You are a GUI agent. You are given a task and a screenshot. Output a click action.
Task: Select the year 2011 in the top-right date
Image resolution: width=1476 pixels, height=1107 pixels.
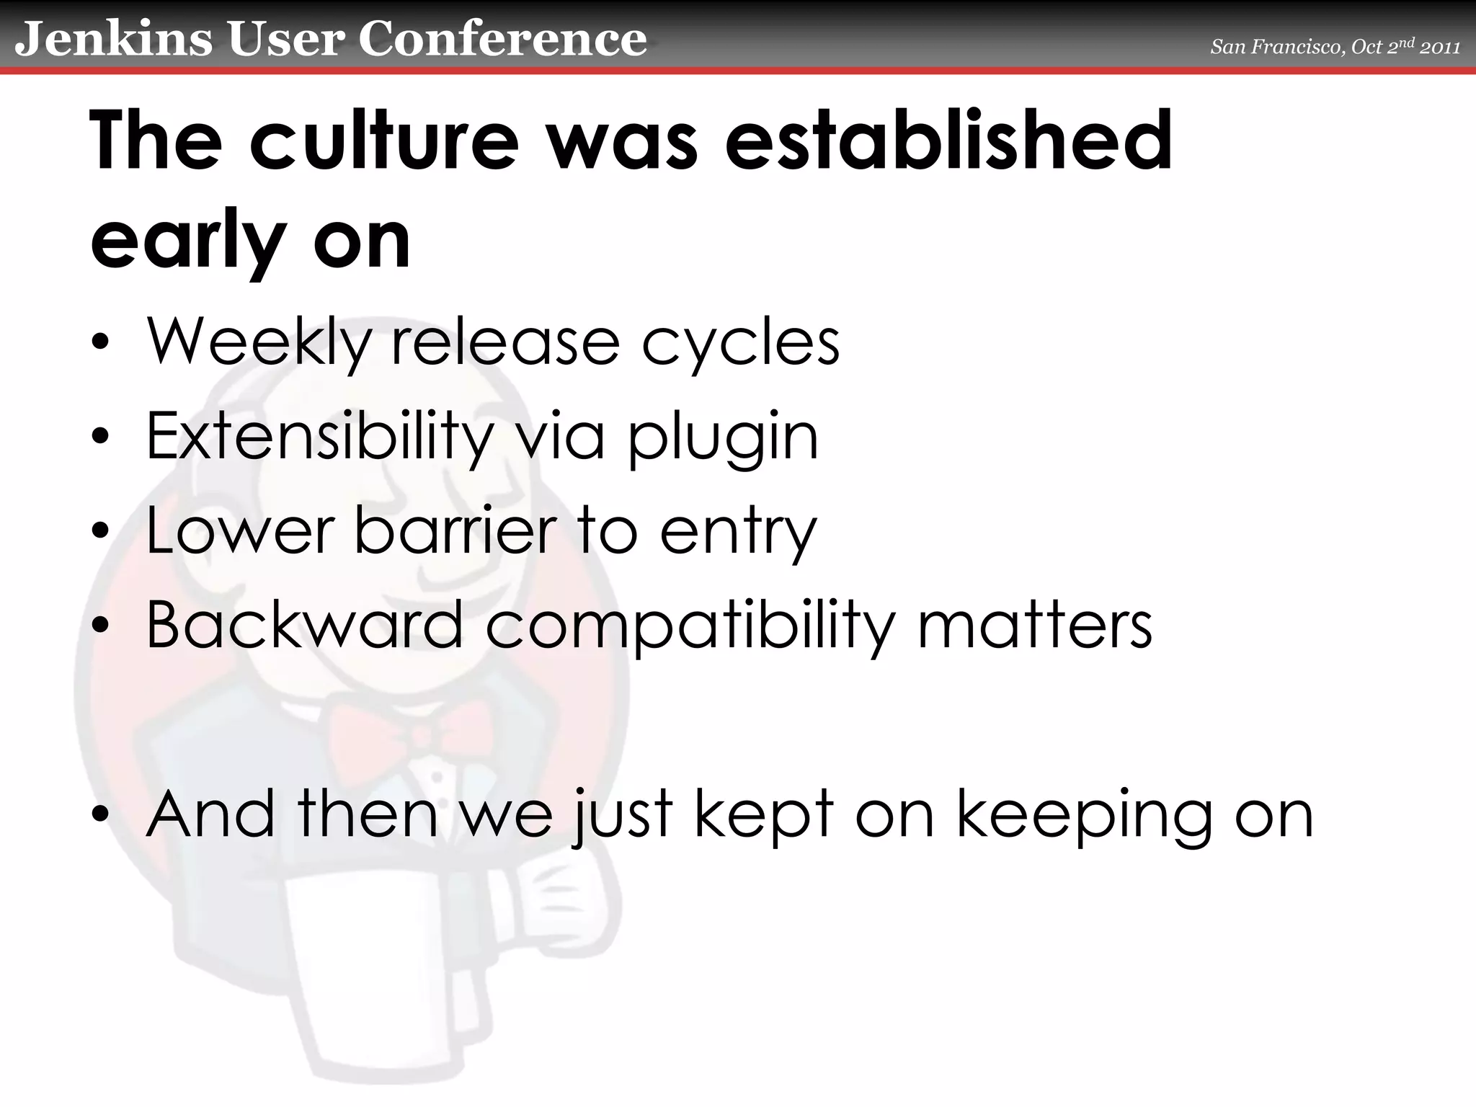pyautogui.click(x=1441, y=48)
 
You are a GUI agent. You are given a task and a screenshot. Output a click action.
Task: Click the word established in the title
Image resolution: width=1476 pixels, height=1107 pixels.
pyautogui.click(x=948, y=140)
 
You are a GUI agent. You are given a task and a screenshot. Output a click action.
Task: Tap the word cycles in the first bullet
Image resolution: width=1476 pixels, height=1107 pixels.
pyautogui.click(x=740, y=343)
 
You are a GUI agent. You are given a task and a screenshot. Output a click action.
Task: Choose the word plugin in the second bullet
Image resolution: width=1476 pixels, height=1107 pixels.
pyautogui.click(x=723, y=438)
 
